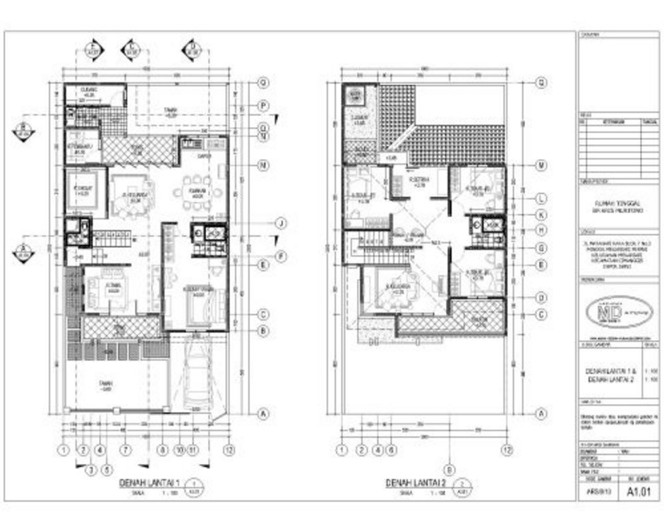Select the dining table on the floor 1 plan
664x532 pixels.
point(197,191)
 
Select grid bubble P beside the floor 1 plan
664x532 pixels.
point(262,106)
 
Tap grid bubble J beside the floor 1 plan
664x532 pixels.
point(280,224)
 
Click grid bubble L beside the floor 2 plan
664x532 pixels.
point(542,199)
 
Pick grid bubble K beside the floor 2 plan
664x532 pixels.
point(542,214)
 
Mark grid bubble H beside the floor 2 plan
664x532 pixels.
point(542,230)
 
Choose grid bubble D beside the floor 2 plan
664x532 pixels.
point(542,297)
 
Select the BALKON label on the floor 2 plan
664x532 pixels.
point(480,320)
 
